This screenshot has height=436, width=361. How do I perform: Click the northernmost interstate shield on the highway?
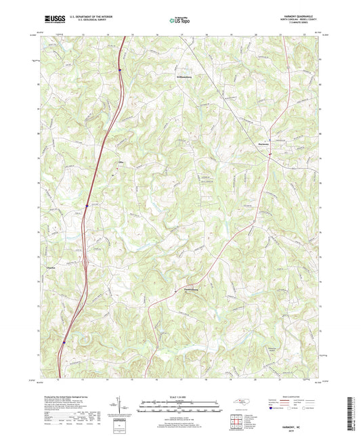coord(119,69)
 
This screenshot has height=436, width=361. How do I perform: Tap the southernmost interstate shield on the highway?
coord(64,342)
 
